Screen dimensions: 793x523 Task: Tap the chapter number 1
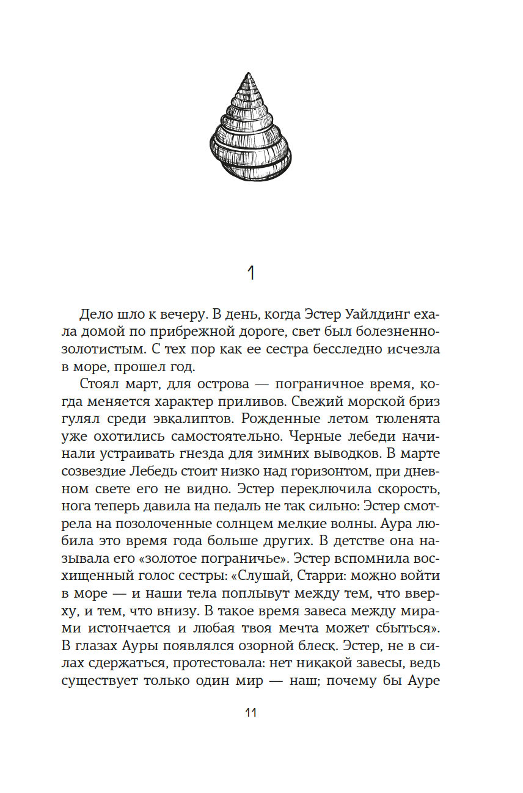pos(251,273)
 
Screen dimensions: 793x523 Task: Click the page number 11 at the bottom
pos(251,713)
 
